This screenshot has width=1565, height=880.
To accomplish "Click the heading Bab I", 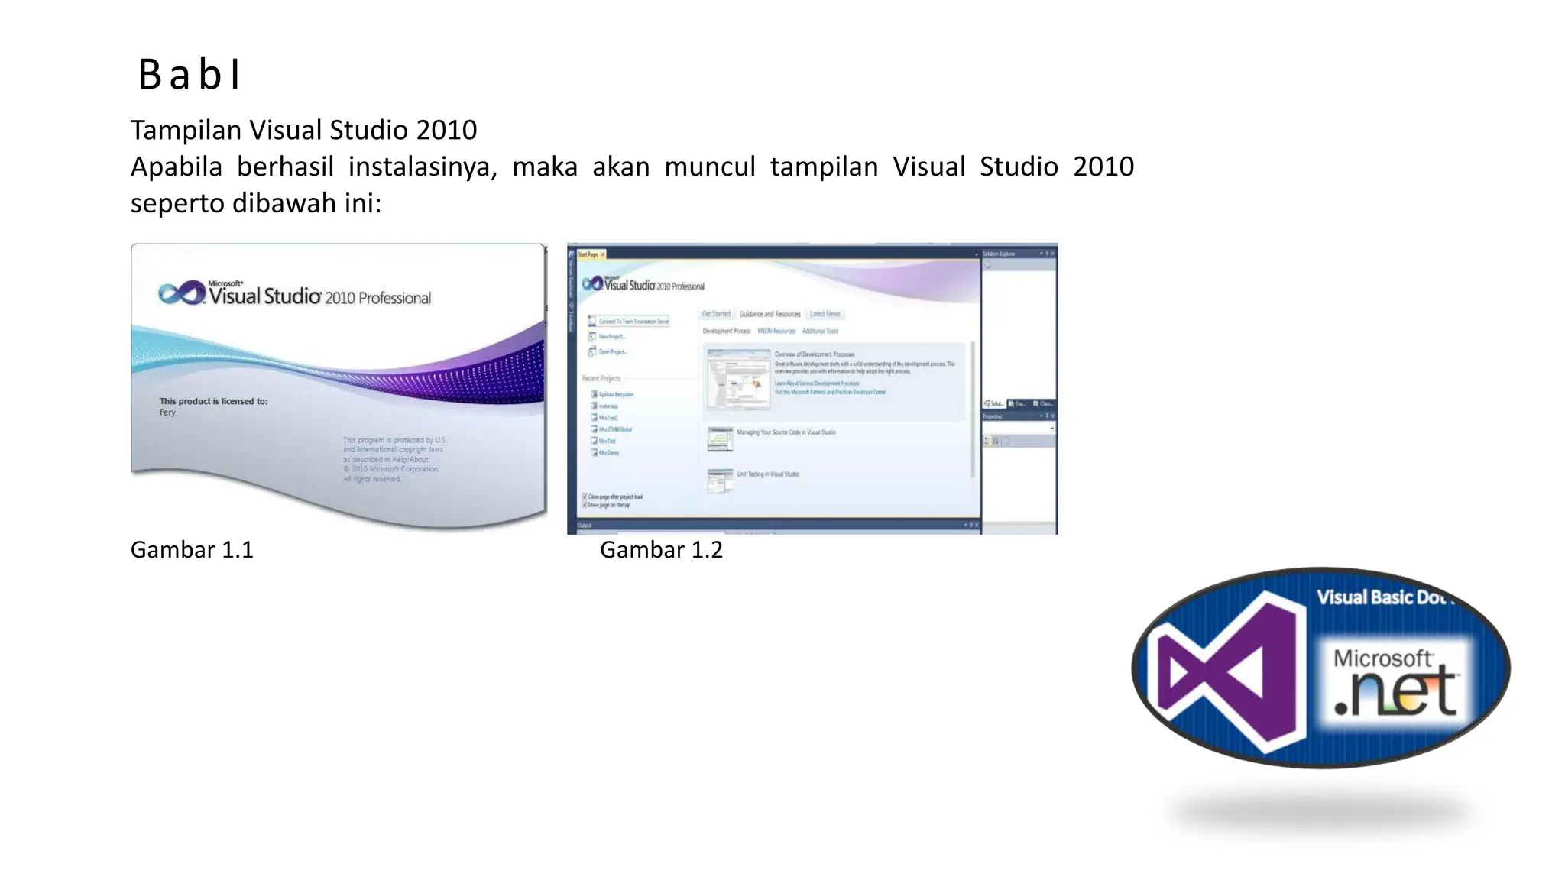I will click(190, 75).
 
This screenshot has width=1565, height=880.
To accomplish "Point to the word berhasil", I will click(285, 167).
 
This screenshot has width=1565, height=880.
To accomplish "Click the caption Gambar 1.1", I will click(192, 550).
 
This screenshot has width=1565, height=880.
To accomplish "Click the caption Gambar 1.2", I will click(661, 550).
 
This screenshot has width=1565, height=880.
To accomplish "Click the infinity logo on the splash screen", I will click(181, 293).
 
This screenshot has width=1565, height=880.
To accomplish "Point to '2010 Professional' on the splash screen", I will click(377, 298).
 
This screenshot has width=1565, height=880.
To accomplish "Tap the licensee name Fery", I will click(167, 412).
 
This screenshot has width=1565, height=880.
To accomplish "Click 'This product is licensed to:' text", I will click(213, 401).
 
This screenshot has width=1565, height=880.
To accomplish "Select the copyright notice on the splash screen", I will click(394, 459).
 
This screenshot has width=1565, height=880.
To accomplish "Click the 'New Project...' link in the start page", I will click(611, 337).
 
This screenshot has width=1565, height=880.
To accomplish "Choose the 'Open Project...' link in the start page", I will click(612, 352).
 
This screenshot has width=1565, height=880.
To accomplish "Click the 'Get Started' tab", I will click(716, 314).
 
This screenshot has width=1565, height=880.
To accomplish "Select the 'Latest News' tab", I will click(825, 314).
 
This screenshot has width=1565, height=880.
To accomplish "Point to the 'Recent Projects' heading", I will click(601, 379).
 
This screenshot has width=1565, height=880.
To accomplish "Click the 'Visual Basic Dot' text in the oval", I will click(1382, 597).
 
